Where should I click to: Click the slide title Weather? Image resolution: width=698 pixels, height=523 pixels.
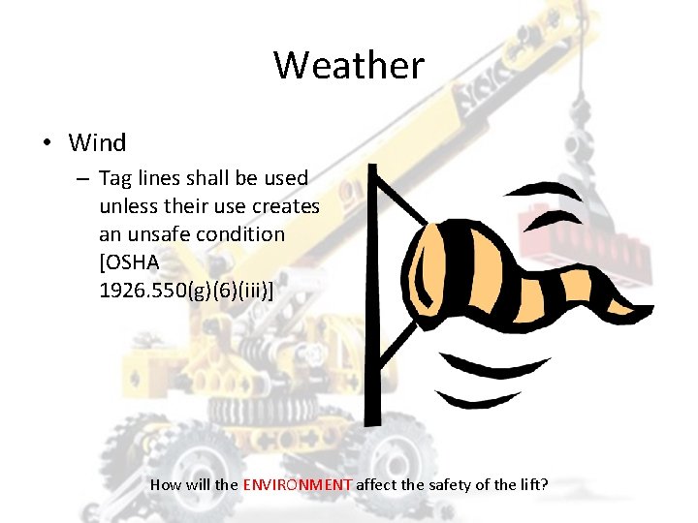click(x=349, y=66)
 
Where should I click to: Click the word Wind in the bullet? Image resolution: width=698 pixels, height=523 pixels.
click(x=97, y=143)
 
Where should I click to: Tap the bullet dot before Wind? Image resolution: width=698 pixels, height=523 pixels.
click(x=47, y=143)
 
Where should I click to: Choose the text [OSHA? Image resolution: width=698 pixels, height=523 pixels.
click(x=130, y=261)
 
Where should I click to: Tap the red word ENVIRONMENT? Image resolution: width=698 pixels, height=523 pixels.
click(x=298, y=483)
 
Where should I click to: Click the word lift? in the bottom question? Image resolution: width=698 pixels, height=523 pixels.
click(x=531, y=483)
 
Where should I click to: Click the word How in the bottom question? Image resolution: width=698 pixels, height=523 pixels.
click(x=166, y=483)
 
